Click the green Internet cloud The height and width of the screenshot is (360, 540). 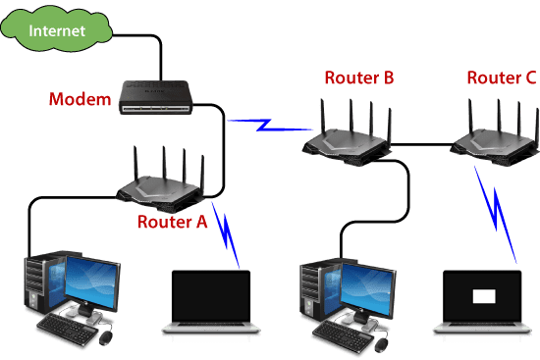tap(56, 31)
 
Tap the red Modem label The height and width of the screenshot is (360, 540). tap(80, 100)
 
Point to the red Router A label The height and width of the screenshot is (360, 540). tap(173, 222)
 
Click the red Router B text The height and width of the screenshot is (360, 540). tap(359, 77)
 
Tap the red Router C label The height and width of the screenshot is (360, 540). tap(501, 77)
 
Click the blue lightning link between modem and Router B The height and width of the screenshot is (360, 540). tap(266, 125)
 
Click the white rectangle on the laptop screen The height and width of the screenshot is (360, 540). tap(485, 295)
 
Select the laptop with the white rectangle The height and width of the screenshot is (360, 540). tap(483, 304)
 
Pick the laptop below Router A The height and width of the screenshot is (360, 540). tap(212, 304)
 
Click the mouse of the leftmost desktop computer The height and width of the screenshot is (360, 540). tap(105, 337)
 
